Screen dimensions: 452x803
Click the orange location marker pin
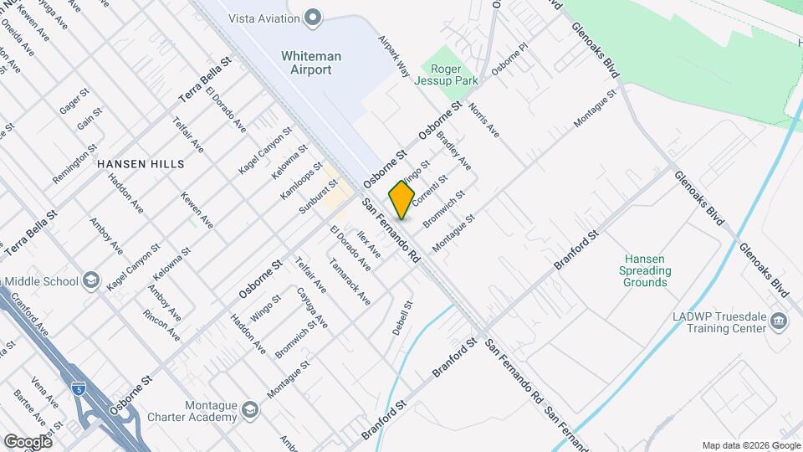(x=402, y=200)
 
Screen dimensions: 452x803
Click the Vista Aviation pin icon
(x=313, y=16)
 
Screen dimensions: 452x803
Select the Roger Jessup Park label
(x=454, y=74)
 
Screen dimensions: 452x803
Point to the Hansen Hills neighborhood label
(x=141, y=164)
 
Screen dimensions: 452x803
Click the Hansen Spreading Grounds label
(x=645, y=271)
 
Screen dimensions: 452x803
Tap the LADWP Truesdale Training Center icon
(x=779, y=321)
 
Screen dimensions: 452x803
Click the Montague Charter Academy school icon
(x=250, y=409)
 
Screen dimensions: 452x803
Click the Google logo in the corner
(x=27, y=441)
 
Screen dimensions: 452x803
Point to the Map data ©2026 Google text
(x=751, y=445)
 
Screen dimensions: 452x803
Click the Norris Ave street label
(x=483, y=121)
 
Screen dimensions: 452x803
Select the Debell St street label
(x=403, y=319)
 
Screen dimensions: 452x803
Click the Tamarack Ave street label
(x=350, y=286)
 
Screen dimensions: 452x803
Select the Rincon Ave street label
(x=161, y=325)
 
